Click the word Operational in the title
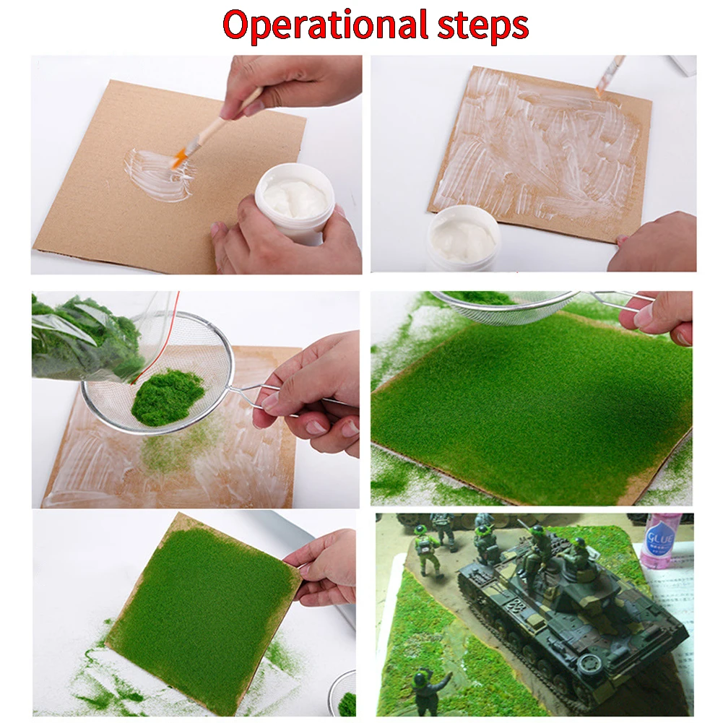click(x=326, y=25)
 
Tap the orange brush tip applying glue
click(x=179, y=157)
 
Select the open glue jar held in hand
click(x=295, y=203)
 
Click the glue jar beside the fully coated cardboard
click(x=463, y=238)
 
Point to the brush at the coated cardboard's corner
click(x=609, y=76)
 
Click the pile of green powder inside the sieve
click(x=168, y=396)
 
